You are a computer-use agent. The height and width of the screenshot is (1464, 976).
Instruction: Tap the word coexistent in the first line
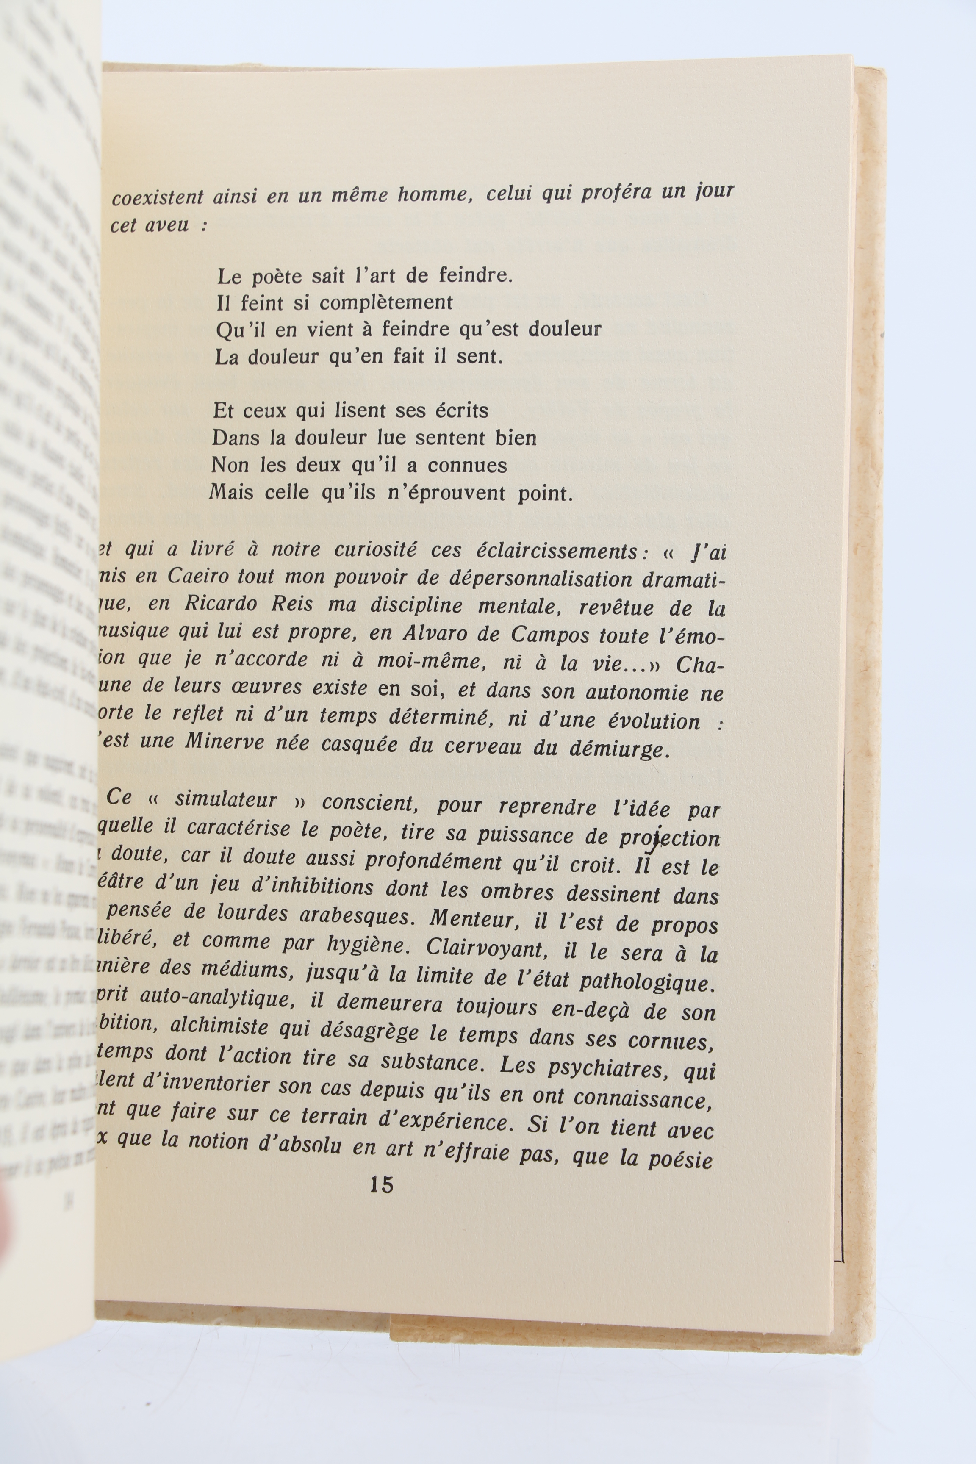(x=158, y=197)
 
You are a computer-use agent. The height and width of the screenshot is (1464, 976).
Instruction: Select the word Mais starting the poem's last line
(x=232, y=492)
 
